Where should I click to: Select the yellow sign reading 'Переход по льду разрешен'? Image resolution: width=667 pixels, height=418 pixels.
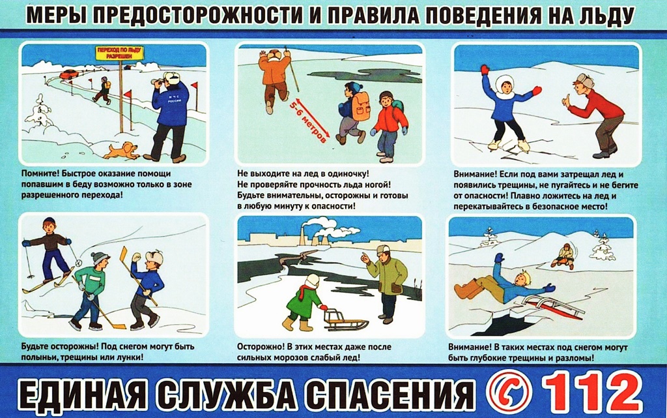119,53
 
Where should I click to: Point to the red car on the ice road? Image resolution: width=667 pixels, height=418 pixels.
68,74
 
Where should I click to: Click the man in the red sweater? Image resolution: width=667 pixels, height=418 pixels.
595,115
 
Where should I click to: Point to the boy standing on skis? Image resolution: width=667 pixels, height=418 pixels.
48,256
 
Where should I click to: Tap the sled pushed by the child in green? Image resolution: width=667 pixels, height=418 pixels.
345,320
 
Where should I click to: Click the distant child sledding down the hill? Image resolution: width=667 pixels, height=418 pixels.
563,256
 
